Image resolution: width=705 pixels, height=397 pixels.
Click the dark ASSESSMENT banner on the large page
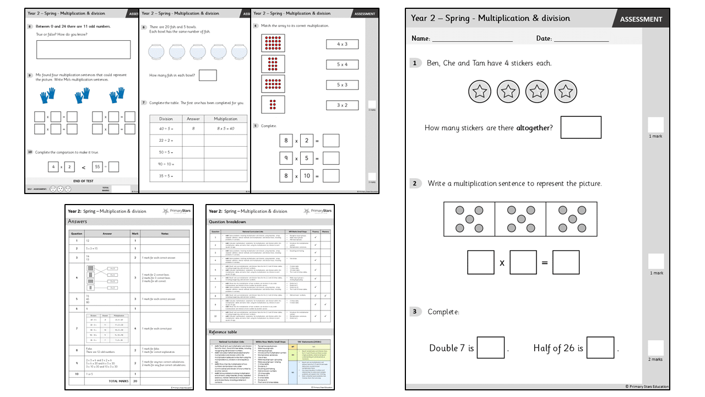[x=641, y=19]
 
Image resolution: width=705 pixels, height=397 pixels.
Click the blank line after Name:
[x=472, y=40]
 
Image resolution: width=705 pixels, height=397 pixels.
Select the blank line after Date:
[x=581, y=40]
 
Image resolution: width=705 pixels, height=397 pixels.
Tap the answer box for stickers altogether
[x=581, y=127]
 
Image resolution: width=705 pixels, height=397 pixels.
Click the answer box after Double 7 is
[x=491, y=348]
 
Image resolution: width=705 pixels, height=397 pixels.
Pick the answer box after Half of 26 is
[x=600, y=348]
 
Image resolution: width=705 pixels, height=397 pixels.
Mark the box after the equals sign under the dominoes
[x=566, y=262]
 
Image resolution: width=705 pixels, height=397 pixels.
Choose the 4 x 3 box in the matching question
[x=342, y=44]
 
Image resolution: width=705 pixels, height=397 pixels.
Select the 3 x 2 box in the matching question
[x=342, y=105]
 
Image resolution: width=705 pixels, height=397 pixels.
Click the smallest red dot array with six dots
[x=273, y=104]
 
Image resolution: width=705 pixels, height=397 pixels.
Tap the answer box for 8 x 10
[x=331, y=176]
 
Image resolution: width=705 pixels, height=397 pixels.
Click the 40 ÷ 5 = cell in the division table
[x=166, y=128]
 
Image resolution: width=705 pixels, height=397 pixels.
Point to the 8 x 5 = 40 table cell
[x=226, y=128]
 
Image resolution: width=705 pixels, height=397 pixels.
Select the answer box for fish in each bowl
[x=208, y=75]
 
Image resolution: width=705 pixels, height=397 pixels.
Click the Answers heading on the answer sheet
[x=78, y=221]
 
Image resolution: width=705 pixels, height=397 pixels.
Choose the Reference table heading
[x=223, y=332]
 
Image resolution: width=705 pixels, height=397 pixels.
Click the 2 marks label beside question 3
[x=655, y=359]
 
